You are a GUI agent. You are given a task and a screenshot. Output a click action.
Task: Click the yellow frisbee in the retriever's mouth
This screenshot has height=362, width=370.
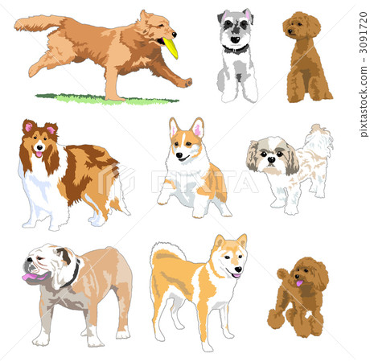(171, 48)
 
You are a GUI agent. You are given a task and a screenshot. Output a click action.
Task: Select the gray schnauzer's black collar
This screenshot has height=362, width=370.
(236, 50)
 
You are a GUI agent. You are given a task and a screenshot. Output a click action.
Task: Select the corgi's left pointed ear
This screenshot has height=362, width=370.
(173, 126)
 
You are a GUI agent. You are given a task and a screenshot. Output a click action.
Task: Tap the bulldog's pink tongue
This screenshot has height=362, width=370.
(31, 278)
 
